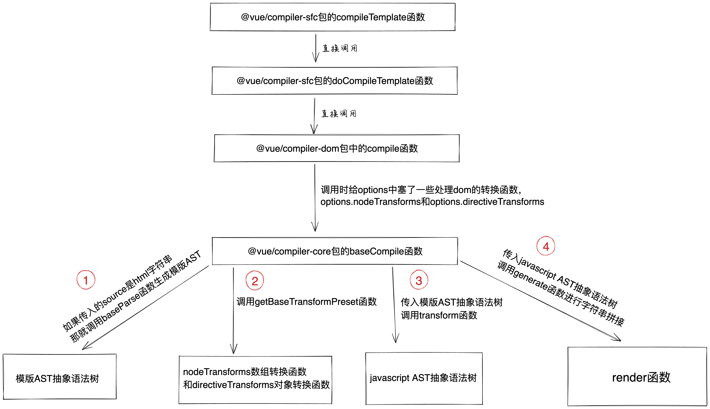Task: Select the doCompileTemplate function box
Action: coord(334,81)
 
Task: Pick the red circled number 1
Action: coord(86,280)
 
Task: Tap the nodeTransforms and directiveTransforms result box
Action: coord(255,379)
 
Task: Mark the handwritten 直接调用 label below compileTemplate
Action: coord(340,48)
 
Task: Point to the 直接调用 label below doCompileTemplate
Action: coord(339,114)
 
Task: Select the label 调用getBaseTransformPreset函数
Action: coord(306,302)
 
